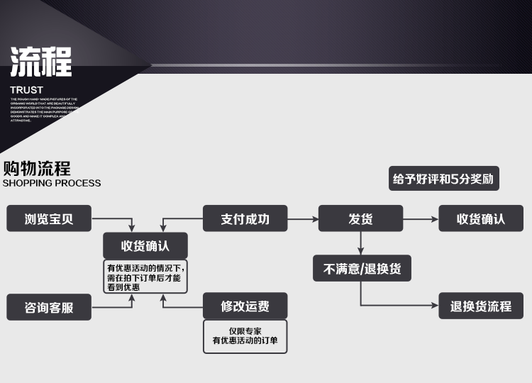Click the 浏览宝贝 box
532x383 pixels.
pos(49,218)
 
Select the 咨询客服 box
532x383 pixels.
pos(49,308)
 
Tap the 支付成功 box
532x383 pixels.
pos(245,218)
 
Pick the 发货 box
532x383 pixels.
pos(360,218)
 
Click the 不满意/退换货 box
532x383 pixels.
pos(362,269)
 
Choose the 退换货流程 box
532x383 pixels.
pos(481,306)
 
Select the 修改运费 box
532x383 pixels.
pos(245,306)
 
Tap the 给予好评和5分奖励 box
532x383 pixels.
pos(443,179)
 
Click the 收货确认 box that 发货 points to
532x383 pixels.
pos(481,218)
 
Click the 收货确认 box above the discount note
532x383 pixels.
pos(145,245)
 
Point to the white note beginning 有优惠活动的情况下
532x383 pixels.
pos(145,277)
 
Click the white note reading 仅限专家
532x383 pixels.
pos(245,336)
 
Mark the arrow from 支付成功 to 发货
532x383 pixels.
pos(303,218)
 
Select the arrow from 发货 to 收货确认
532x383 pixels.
pos(421,218)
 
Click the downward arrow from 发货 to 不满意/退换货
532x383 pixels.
pos(361,243)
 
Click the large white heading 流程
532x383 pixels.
pos(41,62)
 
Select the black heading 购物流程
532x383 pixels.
pos(37,169)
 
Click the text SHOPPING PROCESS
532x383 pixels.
pos(52,183)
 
